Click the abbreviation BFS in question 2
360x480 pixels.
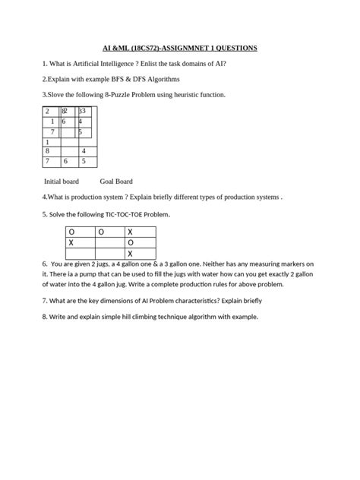click(115, 79)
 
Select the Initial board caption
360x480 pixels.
click(62, 182)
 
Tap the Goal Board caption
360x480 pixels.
click(116, 182)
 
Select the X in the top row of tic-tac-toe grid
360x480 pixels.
click(130, 232)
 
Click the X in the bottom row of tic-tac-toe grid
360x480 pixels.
click(130, 253)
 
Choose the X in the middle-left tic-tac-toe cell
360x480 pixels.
click(71, 242)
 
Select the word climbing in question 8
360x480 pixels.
click(138, 316)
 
